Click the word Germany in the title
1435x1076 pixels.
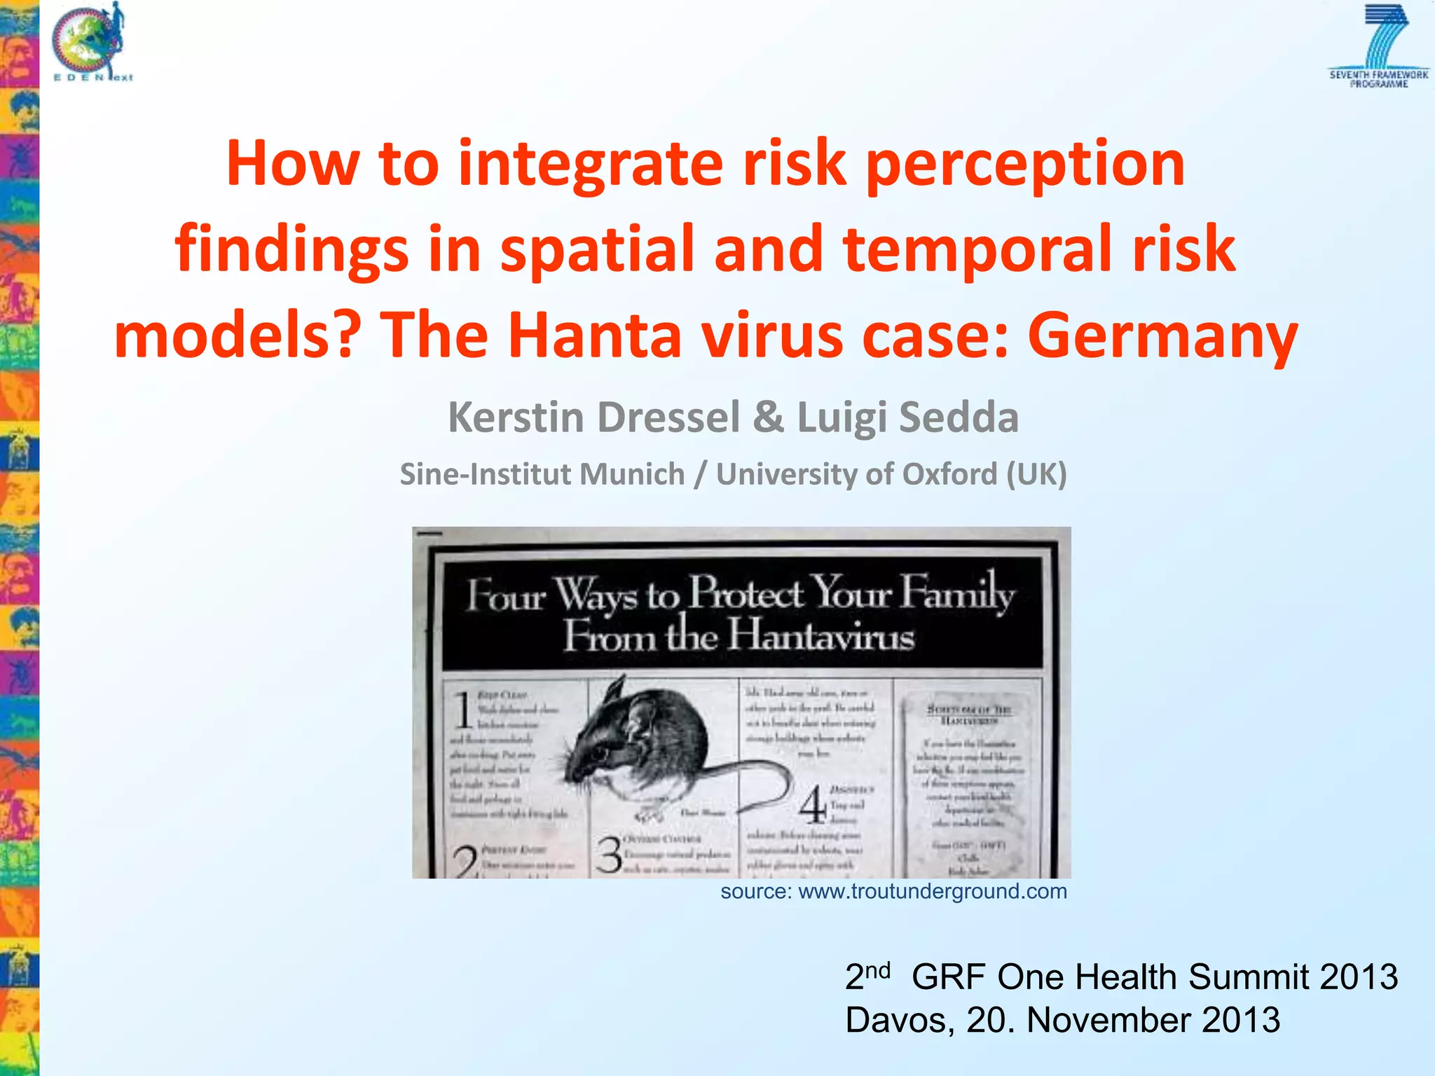click(1163, 335)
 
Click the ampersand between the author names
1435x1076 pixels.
click(769, 418)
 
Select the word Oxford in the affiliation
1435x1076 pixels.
click(949, 474)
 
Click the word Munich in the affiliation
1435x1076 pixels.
click(631, 474)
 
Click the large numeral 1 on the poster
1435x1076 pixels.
click(462, 711)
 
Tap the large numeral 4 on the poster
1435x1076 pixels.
click(813, 806)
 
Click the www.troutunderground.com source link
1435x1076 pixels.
click(933, 892)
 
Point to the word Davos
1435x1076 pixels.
click(899, 1020)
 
